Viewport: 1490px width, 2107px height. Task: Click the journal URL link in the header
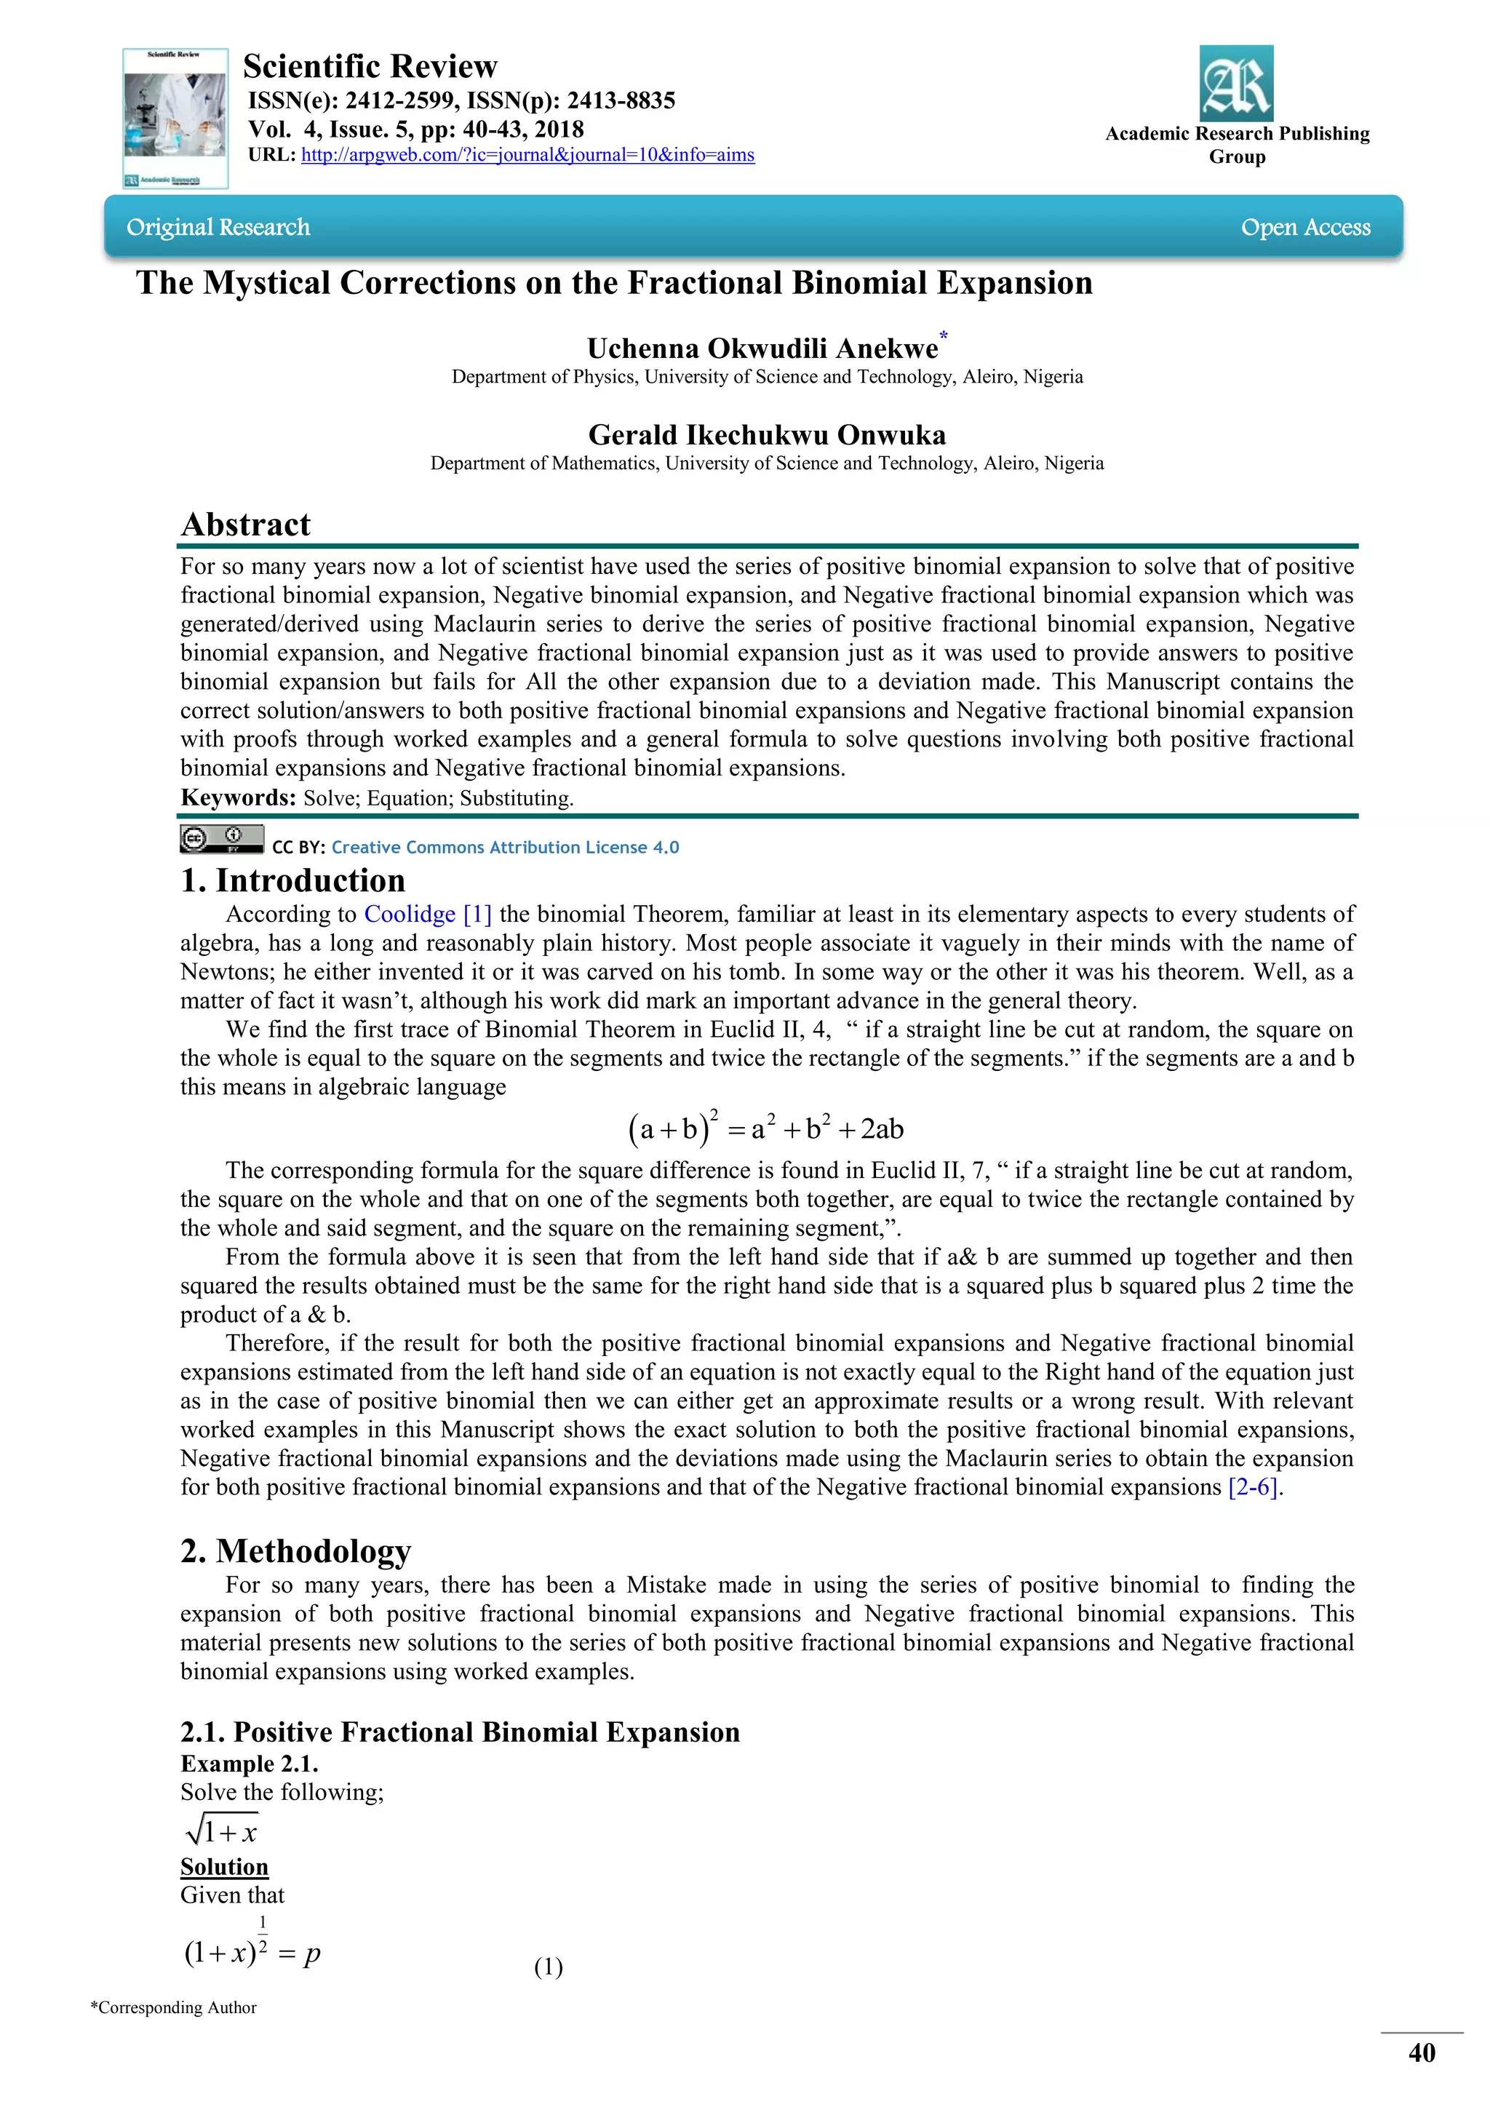[x=527, y=155]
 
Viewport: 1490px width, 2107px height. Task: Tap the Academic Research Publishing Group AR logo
[x=1236, y=84]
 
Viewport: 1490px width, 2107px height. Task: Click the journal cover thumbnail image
[x=175, y=119]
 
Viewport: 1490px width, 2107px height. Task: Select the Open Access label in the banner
[x=1304, y=228]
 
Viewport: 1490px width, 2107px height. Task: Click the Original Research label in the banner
[x=218, y=228]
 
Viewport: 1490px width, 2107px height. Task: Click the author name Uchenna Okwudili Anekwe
[x=762, y=348]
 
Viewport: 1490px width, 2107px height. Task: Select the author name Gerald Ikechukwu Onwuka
[x=766, y=435]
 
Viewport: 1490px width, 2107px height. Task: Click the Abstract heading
[x=246, y=524]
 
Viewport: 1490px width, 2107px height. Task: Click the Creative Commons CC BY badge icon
[x=221, y=840]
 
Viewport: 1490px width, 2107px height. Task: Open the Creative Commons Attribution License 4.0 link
[x=505, y=847]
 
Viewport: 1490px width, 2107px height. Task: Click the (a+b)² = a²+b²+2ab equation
[x=766, y=1128]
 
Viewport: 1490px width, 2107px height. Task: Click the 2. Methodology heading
[x=295, y=1551]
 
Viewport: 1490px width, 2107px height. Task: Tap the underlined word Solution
[x=224, y=1867]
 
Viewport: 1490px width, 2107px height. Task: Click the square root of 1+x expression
[x=221, y=1832]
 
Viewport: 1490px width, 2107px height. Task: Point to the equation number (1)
[x=548, y=1967]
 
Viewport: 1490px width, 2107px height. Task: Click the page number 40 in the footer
[x=1421, y=2053]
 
